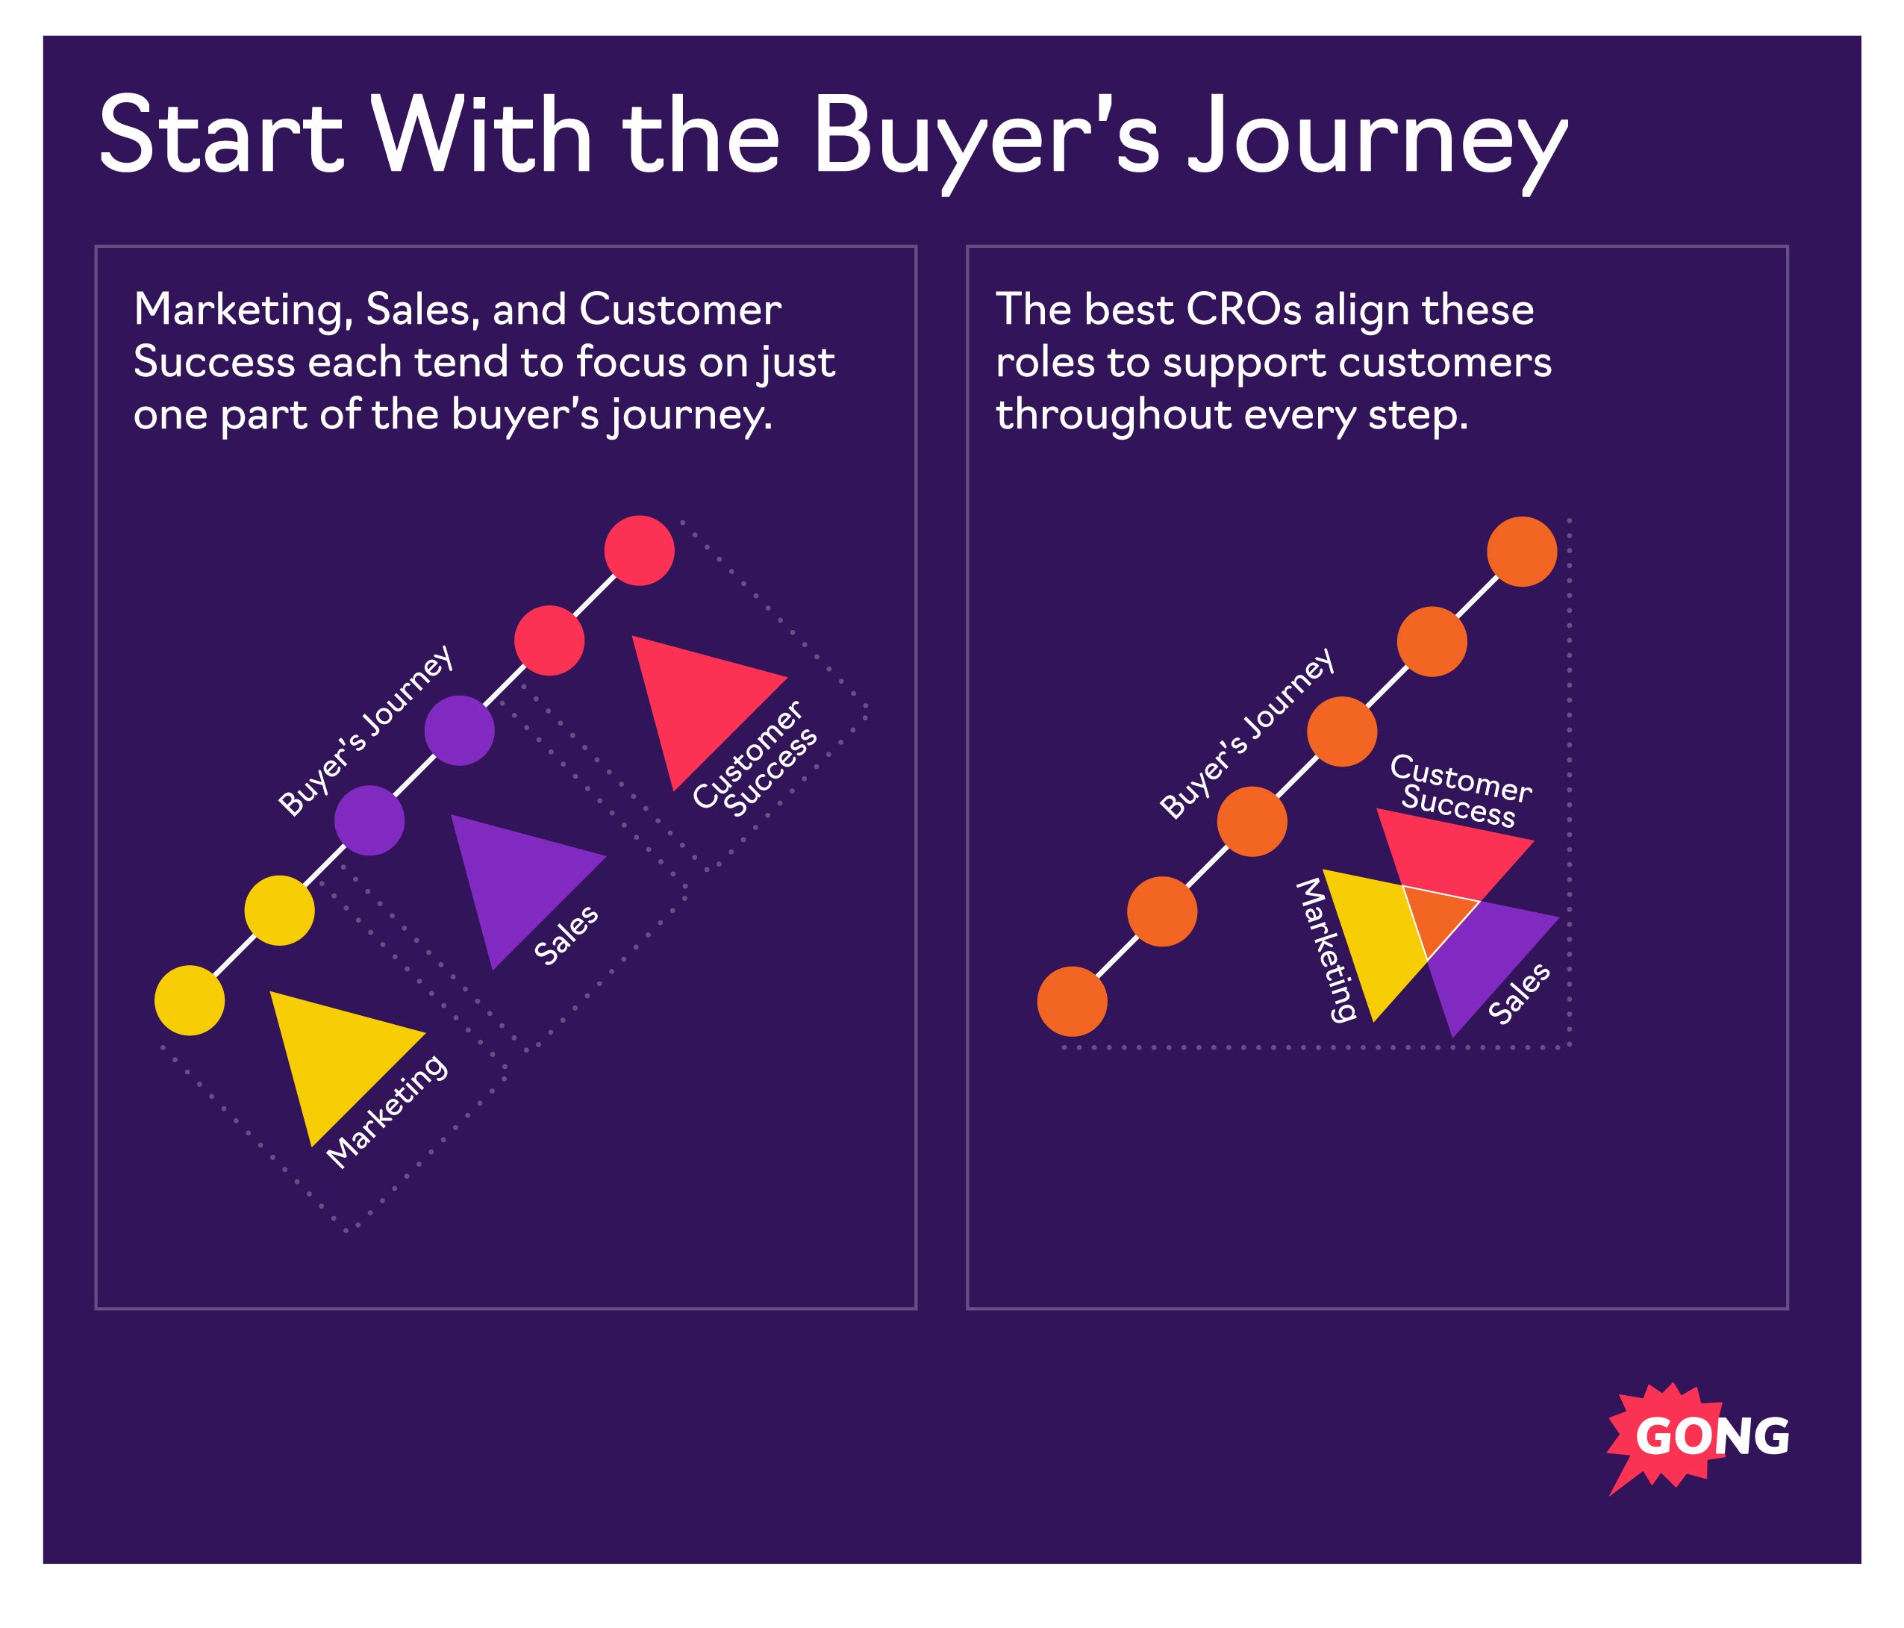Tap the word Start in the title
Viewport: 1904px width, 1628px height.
click(220, 136)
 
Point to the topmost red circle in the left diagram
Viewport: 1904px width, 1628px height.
click(640, 551)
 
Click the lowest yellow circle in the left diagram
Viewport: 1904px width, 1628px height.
click(190, 1001)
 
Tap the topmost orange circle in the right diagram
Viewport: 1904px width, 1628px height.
click(1522, 552)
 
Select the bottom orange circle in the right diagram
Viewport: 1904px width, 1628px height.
click(1073, 1002)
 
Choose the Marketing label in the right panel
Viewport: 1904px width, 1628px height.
click(1325, 949)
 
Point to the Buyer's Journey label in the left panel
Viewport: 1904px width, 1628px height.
click(366, 731)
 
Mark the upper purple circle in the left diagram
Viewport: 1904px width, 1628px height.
click(460, 731)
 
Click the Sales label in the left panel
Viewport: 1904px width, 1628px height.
click(566, 935)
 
